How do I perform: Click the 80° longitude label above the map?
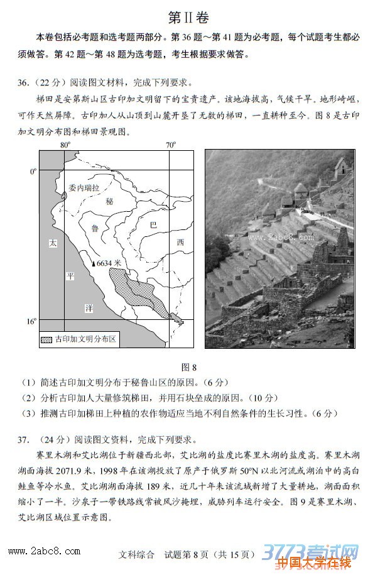click(x=65, y=145)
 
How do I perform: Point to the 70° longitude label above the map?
click(x=171, y=145)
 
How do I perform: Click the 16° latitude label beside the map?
click(x=31, y=321)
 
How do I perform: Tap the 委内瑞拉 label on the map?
click(x=84, y=188)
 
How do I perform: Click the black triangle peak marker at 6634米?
click(x=93, y=264)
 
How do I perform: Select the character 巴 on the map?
click(x=154, y=224)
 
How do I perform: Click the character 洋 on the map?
click(x=89, y=307)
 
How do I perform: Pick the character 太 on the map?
click(x=53, y=243)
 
